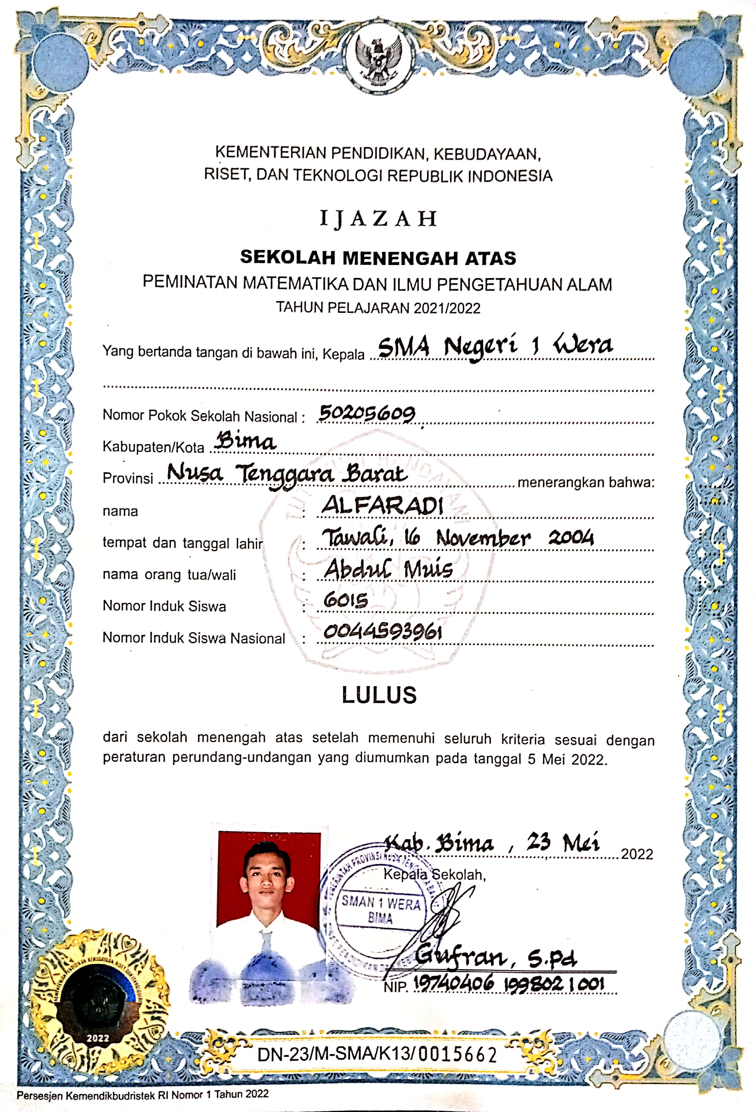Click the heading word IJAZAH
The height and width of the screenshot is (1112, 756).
[378, 219]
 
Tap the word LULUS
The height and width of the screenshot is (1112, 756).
[379, 695]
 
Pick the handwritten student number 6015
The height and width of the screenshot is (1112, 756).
[346, 600]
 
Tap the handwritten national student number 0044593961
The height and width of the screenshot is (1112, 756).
[382, 632]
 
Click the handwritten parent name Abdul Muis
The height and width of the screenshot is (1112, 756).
[388, 569]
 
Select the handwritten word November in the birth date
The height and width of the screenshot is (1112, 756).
[483, 539]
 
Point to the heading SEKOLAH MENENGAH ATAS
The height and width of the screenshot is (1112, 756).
[378, 258]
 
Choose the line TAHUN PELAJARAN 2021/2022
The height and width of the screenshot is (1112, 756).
[378, 307]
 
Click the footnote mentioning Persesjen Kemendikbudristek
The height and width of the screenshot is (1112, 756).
[143, 1095]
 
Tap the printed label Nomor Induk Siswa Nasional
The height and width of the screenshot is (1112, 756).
[194, 638]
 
